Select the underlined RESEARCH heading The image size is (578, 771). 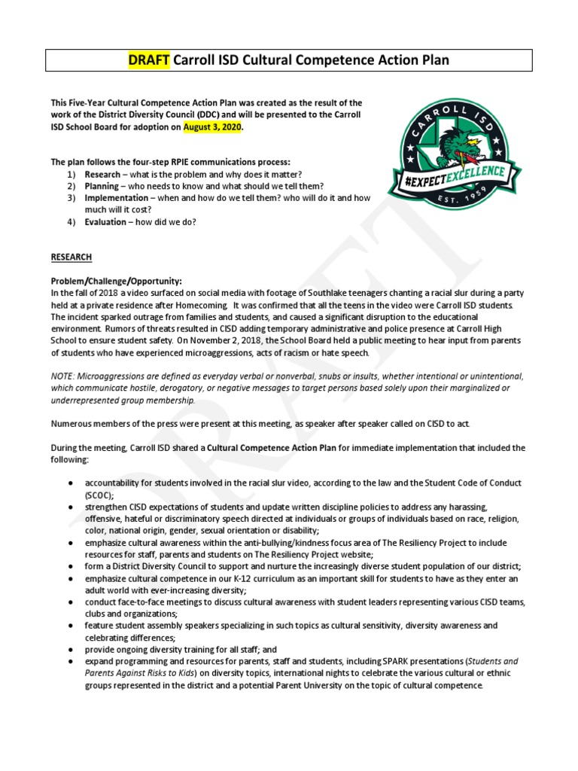[x=71, y=258]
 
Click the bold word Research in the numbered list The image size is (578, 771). [x=102, y=174]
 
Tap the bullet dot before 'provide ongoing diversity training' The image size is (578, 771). [x=70, y=650]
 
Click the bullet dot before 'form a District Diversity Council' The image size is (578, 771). [x=70, y=565]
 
